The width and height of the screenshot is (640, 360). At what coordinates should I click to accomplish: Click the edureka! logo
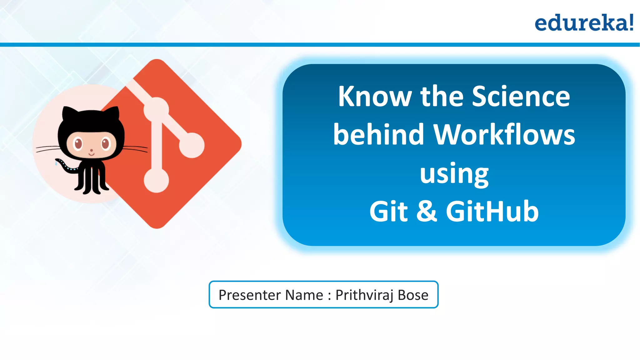(584, 23)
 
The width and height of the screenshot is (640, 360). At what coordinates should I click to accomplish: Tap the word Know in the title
(375, 97)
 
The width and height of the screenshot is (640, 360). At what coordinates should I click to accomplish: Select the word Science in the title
(521, 97)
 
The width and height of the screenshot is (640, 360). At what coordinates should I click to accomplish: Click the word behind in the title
(378, 135)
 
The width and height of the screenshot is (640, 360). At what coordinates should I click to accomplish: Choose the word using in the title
(454, 174)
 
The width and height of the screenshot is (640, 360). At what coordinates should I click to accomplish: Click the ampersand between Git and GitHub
(427, 212)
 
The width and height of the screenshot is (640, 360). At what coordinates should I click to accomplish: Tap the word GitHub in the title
(492, 212)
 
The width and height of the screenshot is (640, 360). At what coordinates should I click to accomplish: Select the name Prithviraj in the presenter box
(364, 295)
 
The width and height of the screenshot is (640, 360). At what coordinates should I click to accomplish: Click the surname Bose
(413, 295)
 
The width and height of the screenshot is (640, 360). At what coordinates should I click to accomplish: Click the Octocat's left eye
(77, 143)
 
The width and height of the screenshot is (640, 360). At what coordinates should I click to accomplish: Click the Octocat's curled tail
(66, 166)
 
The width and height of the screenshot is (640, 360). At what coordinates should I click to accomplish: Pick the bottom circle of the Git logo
(156, 180)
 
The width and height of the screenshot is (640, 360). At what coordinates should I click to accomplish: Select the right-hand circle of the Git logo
(192, 145)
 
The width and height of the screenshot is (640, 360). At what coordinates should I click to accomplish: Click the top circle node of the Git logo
(156, 109)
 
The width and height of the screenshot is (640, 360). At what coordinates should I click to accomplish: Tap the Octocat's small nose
(92, 150)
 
